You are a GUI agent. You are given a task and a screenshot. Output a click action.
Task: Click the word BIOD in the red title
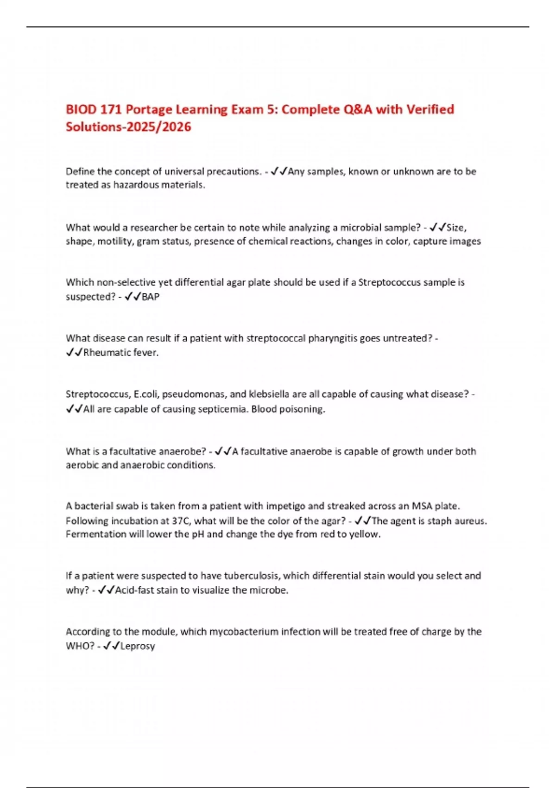pos(81,109)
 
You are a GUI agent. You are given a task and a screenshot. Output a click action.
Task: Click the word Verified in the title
pos(430,109)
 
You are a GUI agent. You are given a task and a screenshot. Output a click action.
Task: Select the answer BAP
pos(150,297)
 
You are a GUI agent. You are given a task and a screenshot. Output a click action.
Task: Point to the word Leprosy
pos(138,646)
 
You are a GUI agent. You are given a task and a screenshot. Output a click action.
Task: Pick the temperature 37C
pos(178,521)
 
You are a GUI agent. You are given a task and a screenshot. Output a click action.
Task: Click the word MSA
pos(422,506)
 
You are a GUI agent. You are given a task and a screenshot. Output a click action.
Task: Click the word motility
pos(114,241)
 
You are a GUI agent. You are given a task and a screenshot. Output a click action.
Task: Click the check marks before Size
pos(437,228)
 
